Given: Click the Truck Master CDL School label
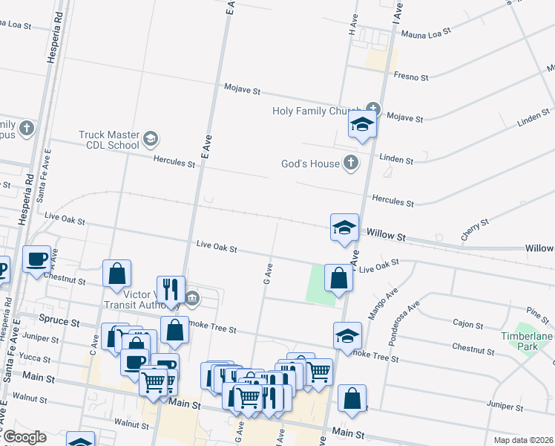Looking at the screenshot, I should (109, 140).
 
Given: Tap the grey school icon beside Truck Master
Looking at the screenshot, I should (151, 138).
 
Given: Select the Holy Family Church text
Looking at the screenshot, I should (316, 111).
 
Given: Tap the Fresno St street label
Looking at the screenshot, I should (413, 77).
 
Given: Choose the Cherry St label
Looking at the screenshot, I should (475, 228).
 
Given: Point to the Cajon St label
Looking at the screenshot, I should (468, 325).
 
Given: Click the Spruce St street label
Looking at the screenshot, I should (64, 323).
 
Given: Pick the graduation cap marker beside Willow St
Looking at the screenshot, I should (344, 227).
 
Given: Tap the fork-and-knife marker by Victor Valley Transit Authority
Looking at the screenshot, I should (171, 289).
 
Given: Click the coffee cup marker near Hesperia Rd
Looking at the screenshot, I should (36, 259).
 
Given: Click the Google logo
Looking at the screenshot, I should (24, 437).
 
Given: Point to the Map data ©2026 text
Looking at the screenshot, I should (524, 440).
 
